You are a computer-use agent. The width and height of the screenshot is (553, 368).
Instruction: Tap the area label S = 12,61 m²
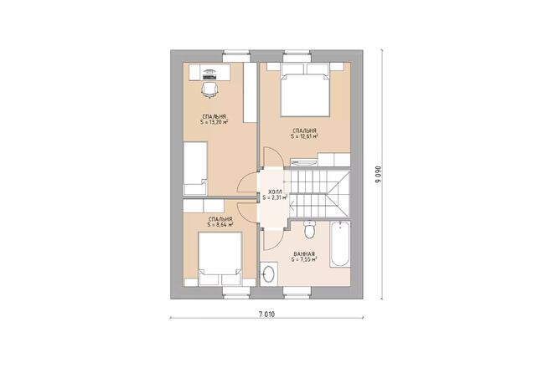(304, 136)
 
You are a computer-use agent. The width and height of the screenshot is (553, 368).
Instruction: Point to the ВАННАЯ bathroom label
(304, 253)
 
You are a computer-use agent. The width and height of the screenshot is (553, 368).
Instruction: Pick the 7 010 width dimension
(266, 314)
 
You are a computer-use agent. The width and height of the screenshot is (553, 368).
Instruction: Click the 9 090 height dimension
(378, 173)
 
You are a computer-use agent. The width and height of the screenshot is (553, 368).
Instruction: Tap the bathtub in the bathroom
(339, 245)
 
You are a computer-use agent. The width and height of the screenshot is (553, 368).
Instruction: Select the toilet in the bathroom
(309, 229)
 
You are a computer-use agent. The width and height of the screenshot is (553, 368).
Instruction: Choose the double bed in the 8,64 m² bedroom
(220, 257)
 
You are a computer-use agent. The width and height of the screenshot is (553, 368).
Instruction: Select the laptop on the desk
(209, 70)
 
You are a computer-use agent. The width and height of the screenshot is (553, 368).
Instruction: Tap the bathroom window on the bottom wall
(298, 290)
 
